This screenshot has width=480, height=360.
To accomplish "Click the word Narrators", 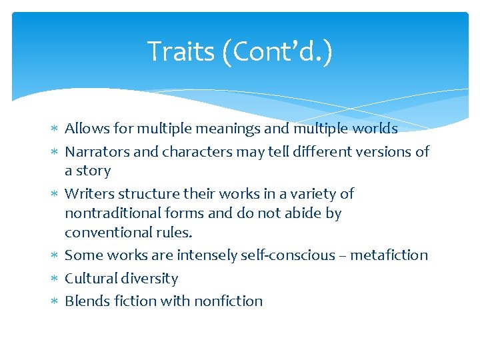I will pyautogui.click(x=97, y=152).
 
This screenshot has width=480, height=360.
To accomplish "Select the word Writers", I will pyautogui.click(x=89, y=194).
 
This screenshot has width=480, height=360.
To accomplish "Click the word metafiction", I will pyautogui.click(x=389, y=255).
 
